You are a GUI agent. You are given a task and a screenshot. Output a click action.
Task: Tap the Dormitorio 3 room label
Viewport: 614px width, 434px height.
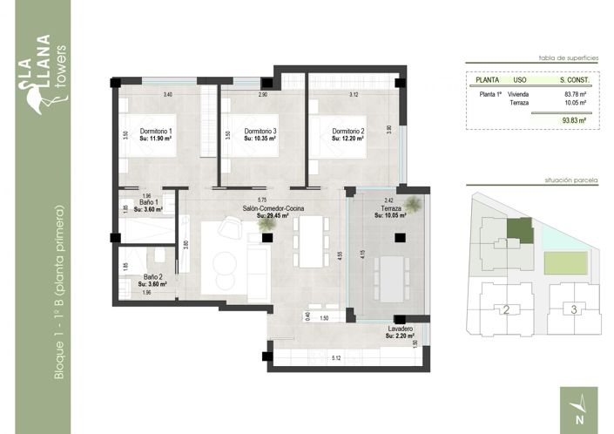(260, 132)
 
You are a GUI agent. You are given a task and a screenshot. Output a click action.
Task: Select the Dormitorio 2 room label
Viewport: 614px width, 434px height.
(347, 132)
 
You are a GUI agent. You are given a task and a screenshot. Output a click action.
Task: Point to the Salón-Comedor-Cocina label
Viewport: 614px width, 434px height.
(273, 209)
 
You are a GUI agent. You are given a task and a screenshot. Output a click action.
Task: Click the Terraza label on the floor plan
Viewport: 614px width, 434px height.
(389, 209)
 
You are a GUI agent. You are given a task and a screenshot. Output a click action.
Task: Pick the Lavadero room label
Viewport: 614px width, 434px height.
(401, 329)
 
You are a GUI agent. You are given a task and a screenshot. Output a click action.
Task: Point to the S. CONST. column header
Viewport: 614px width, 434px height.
(573, 78)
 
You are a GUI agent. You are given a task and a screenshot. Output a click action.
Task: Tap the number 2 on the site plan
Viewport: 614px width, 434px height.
(506, 309)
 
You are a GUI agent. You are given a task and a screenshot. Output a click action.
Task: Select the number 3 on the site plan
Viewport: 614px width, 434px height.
(572, 309)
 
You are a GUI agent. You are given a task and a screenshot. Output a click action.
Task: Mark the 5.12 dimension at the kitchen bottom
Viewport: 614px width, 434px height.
(334, 358)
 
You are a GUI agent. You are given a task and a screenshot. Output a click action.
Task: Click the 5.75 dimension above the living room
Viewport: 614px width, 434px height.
(262, 200)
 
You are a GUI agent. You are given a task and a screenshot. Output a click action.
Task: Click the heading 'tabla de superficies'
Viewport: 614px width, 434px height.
(568, 55)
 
